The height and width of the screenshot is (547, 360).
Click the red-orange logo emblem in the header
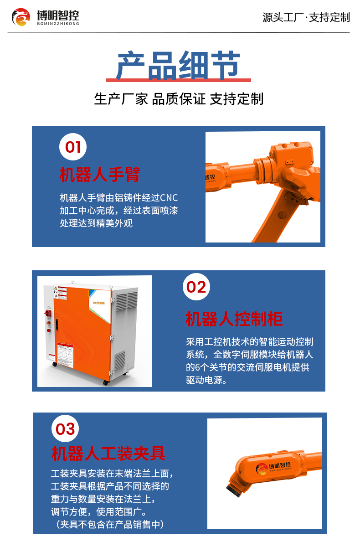[x=21, y=17]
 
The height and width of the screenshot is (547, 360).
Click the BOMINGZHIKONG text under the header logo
[x=58, y=24]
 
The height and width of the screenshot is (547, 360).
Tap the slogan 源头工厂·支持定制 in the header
[x=306, y=17]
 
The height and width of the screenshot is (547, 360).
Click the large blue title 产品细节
[x=178, y=65]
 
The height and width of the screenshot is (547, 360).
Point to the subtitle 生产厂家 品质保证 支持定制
[x=179, y=99]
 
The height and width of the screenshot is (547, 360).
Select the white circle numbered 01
[x=73, y=147]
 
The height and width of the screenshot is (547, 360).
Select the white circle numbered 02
[x=196, y=287]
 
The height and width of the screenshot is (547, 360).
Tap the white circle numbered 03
[x=65, y=428]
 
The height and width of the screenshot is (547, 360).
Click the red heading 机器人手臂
[x=100, y=175]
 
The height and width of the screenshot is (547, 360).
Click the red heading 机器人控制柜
[x=234, y=319]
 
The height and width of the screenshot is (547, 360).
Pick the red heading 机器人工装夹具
[x=108, y=453]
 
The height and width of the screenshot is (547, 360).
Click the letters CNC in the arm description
[x=169, y=198]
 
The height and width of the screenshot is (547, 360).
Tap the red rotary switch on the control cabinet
[x=48, y=313]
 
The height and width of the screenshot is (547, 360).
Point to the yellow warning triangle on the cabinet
[x=56, y=288]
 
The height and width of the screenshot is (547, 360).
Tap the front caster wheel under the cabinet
[x=106, y=382]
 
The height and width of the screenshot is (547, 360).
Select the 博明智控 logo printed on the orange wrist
[x=273, y=469]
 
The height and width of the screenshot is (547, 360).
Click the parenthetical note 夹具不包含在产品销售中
[x=109, y=524]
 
